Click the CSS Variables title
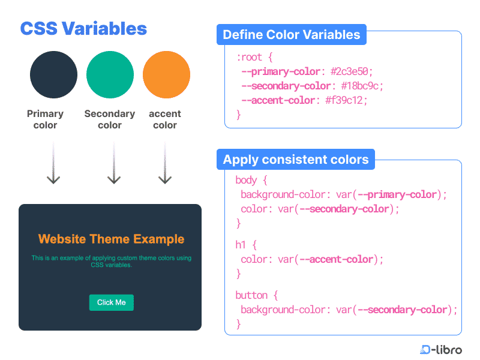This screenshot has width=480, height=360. (x=83, y=29)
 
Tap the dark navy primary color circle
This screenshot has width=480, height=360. (x=53, y=74)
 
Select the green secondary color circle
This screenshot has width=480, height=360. (x=110, y=74)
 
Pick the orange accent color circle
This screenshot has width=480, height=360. (x=167, y=74)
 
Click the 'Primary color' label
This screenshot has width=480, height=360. (x=46, y=119)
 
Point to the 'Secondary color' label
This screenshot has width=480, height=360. (x=110, y=119)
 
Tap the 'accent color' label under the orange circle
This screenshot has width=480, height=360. (x=165, y=119)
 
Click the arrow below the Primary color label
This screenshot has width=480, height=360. (x=53, y=163)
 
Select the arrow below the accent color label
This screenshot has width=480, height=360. (x=165, y=163)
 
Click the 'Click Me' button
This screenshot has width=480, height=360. (x=112, y=302)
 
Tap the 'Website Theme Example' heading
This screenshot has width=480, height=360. (x=111, y=239)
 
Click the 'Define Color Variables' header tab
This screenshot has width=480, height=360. (x=292, y=35)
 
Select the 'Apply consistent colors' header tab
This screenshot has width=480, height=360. (x=296, y=160)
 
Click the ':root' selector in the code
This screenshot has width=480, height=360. (x=250, y=57)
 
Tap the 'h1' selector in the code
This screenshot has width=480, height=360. (x=241, y=245)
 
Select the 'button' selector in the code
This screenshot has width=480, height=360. (x=251, y=295)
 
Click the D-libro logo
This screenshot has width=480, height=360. (x=441, y=350)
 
